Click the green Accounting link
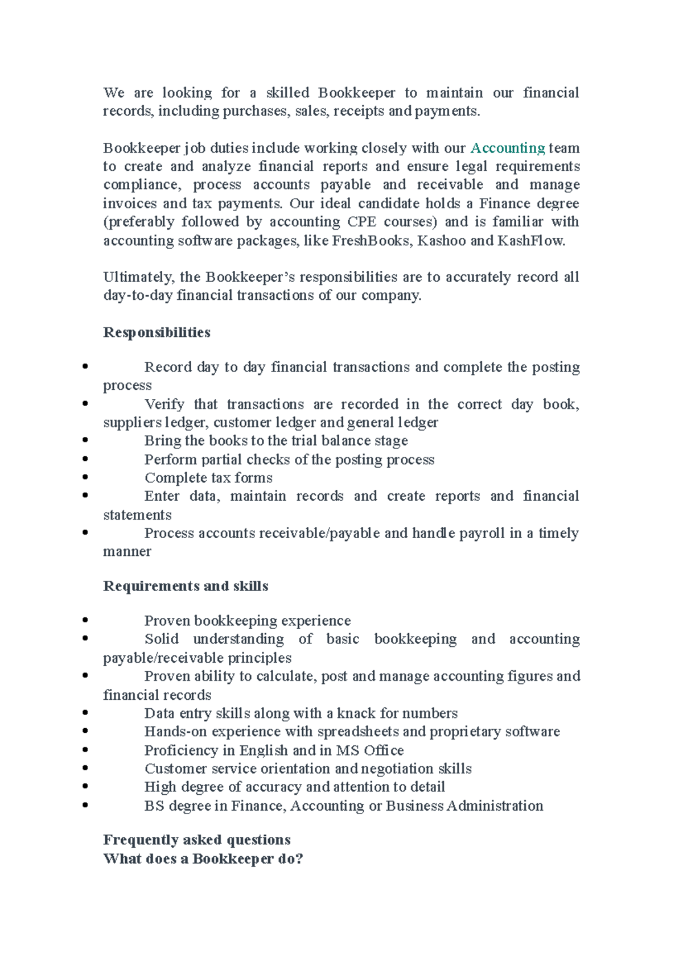(x=508, y=148)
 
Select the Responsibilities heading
(x=157, y=333)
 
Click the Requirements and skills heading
(x=186, y=587)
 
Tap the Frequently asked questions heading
(x=196, y=840)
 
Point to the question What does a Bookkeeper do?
(x=203, y=859)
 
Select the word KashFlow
(x=530, y=241)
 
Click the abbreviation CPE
(x=361, y=222)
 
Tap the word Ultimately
(x=139, y=277)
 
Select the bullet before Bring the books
(x=85, y=440)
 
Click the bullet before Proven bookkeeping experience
(x=85, y=620)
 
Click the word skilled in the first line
(x=287, y=93)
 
